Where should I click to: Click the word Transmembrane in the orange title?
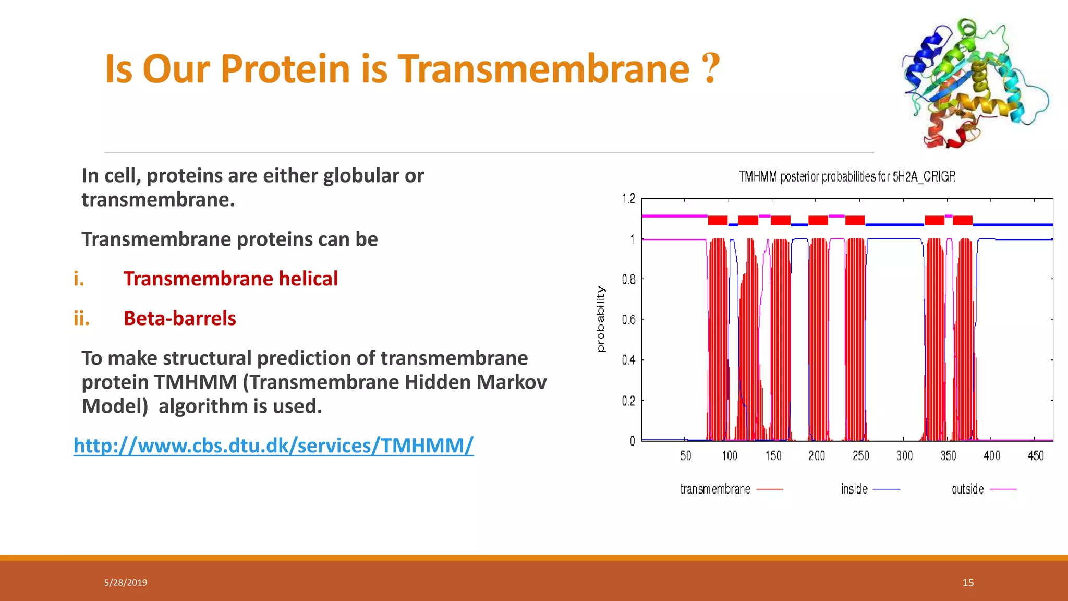coord(544,69)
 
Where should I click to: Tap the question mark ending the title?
coord(711,68)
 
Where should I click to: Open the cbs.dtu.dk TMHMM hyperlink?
coord(273,446)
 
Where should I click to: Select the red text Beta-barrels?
coord(179,318)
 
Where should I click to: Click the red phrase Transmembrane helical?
coord(230,279)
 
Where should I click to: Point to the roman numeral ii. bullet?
coord(81,318)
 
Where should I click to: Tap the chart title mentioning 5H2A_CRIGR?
coord(847,177)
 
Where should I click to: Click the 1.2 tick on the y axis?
coord(628,198)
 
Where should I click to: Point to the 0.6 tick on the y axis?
coord(628,319)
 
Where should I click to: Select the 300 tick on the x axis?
coord(904,456)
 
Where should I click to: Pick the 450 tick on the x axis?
coord(1035,456)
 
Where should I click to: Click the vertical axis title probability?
coord(601,319)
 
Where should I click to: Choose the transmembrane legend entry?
coord(715,489)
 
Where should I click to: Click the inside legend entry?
coord(854,489)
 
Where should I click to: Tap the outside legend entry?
coord(968,489)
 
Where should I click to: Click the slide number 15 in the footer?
coord(968,583)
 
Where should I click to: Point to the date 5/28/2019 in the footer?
coord(126,583)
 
